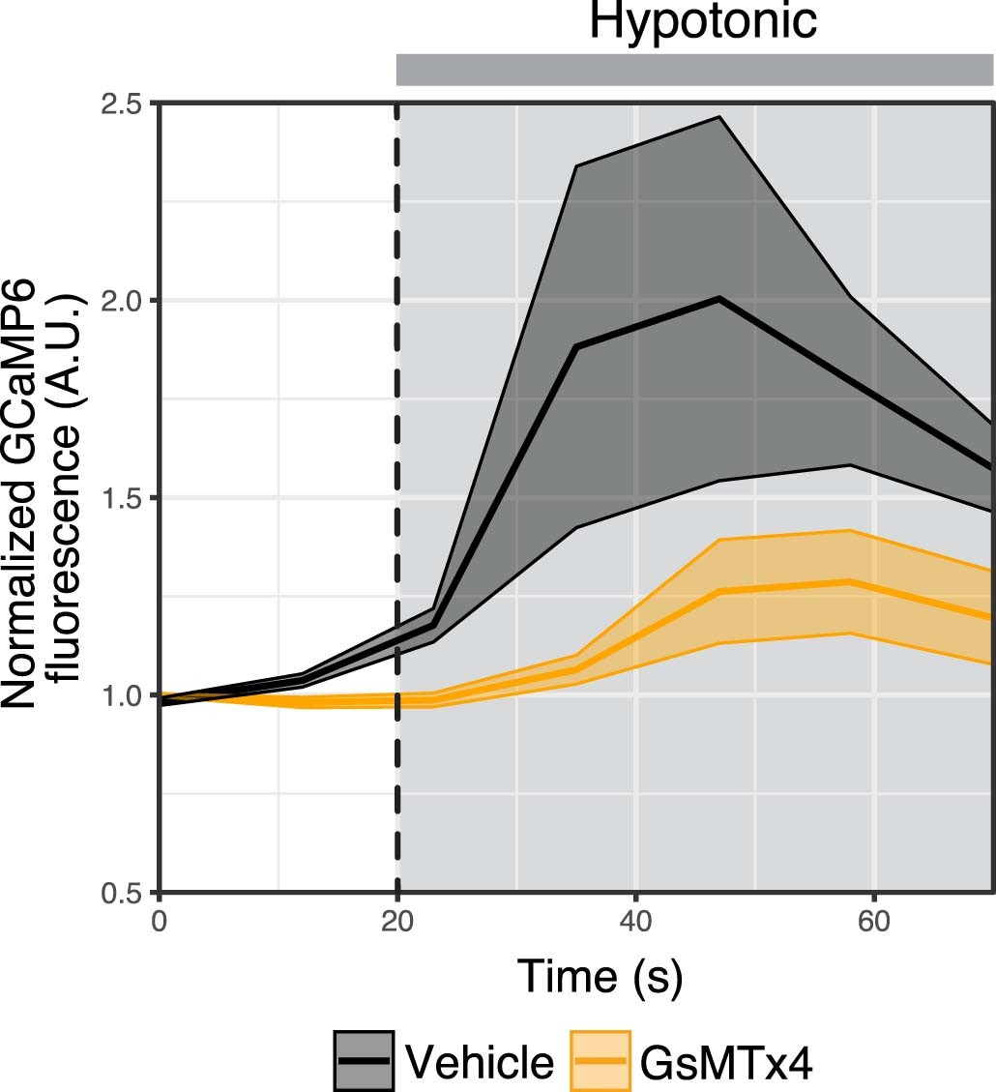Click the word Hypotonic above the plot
pyautogui.click(x=703, y=23)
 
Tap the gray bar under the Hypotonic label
pyautogui.click(x=694, y=70)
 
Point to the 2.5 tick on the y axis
pyautogui.click(x=121, y=103)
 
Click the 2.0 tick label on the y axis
pyautogui.click(x=121, y=300)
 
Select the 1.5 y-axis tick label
pyautogui.click(x=121, y=497)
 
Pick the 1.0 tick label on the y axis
pyautogui.click(x=121, y=694)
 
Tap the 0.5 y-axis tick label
pyautogui.click(x=121, y=892)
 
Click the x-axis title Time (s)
pyautogui.click(x=600, y=977)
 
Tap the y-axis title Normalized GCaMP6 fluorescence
pyautogui.click(x=46, y=493)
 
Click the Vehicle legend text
pyautogui.click(x=481, y=1062)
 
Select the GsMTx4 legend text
pyautogui.click(x=725, y=1062)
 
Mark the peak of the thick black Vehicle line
pyautogui.click(x=719, y=299)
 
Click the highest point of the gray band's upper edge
pyautogui.click(x=719, y=117)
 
